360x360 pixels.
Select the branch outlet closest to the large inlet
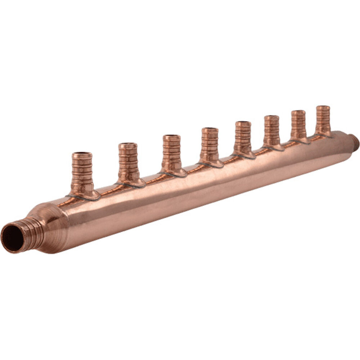(x=82, y=173)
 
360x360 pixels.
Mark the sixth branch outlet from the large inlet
(x=271, y=131)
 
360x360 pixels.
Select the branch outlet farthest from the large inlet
(x=323, y=120)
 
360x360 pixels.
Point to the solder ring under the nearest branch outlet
(x=85, y=197)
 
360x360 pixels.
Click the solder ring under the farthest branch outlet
(x=324, y=136)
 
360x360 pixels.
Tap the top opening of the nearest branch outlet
(x=82, y=155)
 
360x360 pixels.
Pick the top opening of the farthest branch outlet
(x=323, y=107)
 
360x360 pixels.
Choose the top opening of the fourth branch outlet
(x=210, y=130)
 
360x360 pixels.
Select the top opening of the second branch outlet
(x=128, y=145)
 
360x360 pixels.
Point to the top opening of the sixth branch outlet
(x=271, y=117)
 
